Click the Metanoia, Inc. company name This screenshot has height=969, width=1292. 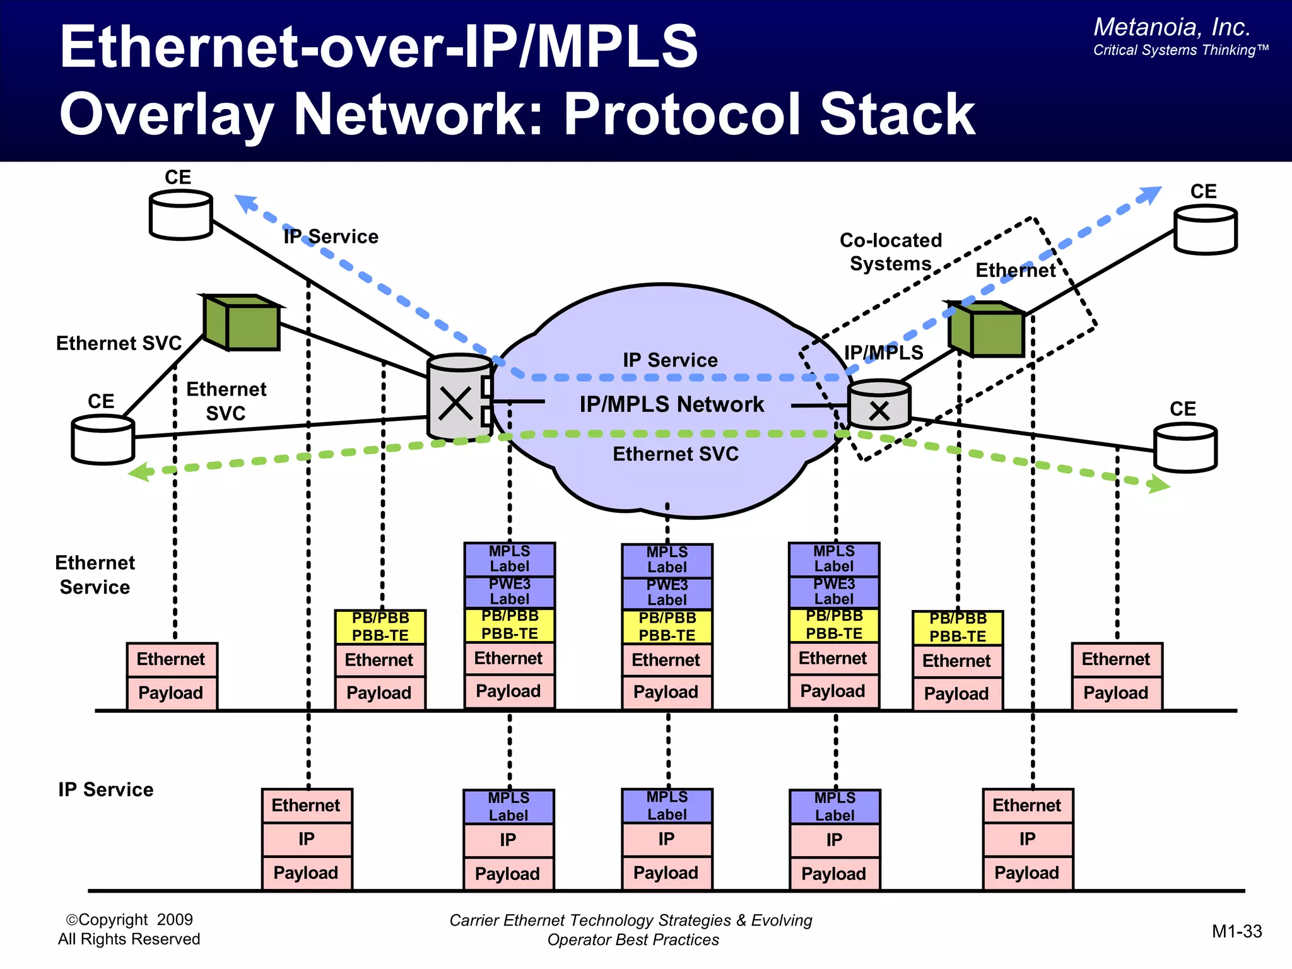click(x=1171, y=27)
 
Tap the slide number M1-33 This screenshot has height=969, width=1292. click(x=1236, y=931)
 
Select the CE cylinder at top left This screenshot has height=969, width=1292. click(x=180, y=215)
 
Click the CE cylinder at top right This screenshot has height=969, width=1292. click(x=1205, y=230)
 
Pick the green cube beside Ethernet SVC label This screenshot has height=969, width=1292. click(x=242, y=322)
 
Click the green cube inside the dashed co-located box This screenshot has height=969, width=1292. click(x=987, y=329)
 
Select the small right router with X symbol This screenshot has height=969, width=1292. click(x=879, y=405)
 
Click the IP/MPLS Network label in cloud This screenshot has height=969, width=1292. click(x=672, y=404)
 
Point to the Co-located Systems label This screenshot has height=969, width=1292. click(x=890, y=252)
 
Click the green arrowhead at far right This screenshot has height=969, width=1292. click(x=1160, y=484)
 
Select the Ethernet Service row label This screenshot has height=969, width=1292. click(x=95, y=575)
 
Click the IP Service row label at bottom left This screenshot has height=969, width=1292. click(x=105, y=789)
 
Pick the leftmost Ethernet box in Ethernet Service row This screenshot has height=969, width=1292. click(x=171, y=659)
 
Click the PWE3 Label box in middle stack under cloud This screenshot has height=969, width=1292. click(x=667, y=592)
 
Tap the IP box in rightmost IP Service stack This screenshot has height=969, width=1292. click(x=1027, y=839)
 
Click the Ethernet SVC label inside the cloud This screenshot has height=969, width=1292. click(x=675, y=454)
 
